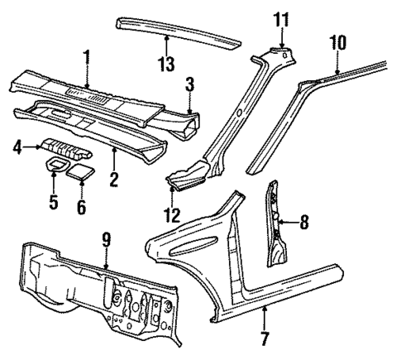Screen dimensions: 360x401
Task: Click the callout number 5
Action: (52, 201)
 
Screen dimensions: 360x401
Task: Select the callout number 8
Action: (304, 221)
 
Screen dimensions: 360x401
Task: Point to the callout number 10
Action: (337, 41)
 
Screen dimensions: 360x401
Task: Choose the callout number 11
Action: (282, 19)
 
